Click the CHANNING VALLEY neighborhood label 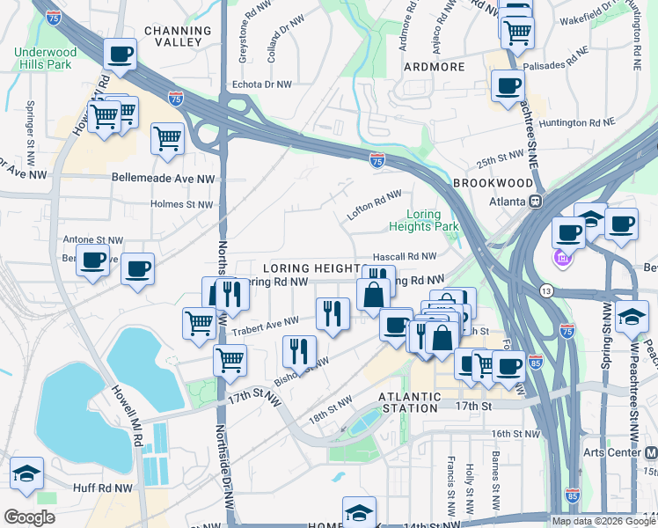pos(178,36)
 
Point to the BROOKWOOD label pos(493,183)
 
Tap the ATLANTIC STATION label pos(408,402)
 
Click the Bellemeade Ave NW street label pos(164,178)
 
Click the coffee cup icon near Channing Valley pos(120,55)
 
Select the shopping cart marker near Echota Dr pos(167,137)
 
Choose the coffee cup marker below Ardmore pos(507,86)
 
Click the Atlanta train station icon pos(533,200)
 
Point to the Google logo pos(30,517)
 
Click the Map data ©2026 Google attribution pos(603,521)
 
